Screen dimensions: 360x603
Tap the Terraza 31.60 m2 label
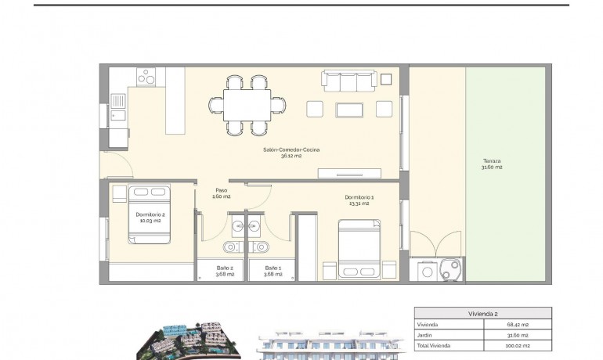pos(493,164)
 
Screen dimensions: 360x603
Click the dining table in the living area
pos(247,105)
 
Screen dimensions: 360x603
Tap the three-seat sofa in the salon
pos(348,81)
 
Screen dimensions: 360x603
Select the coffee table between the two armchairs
pos(349,109)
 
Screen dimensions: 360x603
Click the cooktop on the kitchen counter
pos(146,76)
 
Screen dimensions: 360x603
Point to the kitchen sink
pos(118,102)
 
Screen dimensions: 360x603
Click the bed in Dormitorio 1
pos(359,248)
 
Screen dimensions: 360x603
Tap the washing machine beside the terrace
pos(428,271)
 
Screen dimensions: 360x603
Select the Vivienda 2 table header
pos(482,313)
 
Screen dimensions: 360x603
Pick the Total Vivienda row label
pos(435,344)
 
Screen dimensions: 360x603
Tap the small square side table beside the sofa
pos(386,79)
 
